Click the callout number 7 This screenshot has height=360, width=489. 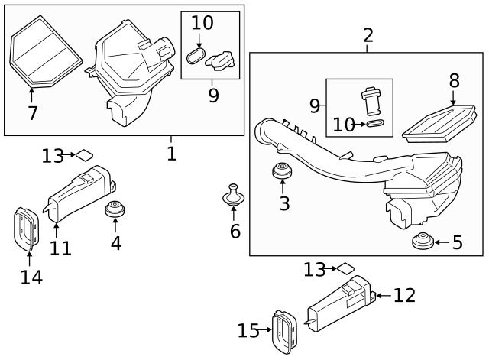tap(31, 114)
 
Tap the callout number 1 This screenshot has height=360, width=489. tap(171, 154)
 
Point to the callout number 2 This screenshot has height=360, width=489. tap(368, 35)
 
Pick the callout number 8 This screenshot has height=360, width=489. tap(454, 81)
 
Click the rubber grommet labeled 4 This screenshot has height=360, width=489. tap(115, 209)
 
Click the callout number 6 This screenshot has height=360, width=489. tap(235, 230)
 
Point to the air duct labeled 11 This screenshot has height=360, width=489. tap(81, 191)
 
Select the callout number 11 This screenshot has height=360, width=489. tap(60, 248)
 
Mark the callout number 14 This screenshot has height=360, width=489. tap(31, 277)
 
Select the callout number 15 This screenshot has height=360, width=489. tap(248, 331)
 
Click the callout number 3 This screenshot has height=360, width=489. tap(284, 203)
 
